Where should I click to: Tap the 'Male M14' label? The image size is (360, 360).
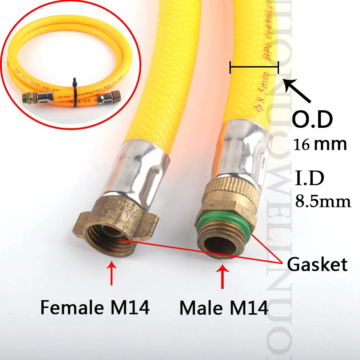[224, 308]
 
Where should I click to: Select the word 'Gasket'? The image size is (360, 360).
[318, 264]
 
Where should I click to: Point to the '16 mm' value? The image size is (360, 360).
[320, 144]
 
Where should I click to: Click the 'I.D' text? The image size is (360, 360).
[309, 177]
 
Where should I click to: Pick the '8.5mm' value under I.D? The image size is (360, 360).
[323, 201]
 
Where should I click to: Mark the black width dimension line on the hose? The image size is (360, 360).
[254, 68]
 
